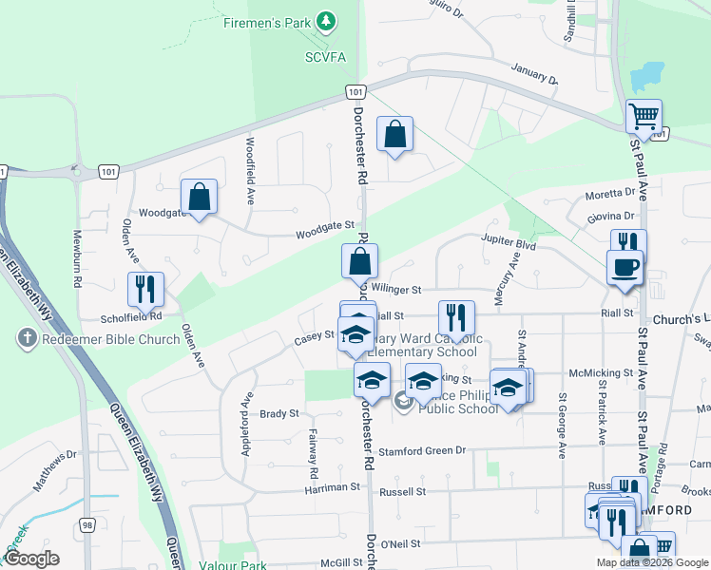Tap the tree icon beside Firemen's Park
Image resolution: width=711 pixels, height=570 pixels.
tap(327, 20)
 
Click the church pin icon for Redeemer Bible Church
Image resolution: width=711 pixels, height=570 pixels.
tap(27, 338)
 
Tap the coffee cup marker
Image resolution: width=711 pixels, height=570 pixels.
tap(626, 268)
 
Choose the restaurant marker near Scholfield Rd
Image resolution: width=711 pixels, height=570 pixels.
tap(145, 290)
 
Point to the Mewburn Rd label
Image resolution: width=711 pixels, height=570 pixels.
tap(78, 258)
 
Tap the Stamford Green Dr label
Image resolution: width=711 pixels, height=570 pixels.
tap(423, 451)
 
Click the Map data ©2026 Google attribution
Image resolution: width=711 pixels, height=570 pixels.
tap(650, 562)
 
